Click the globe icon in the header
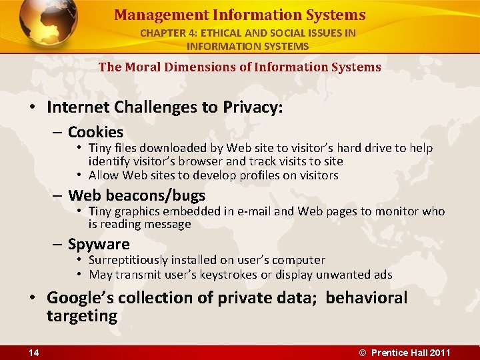[x=48, y=25]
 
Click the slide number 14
[x=33, y=353]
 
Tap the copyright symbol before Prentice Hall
[x=363, y=353]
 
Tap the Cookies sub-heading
[x=95, y=132]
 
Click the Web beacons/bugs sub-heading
[x=137, y=195]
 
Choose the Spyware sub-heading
[x=99, y=244]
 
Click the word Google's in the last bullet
[x=77, y=297]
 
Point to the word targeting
[x=81, y=315]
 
